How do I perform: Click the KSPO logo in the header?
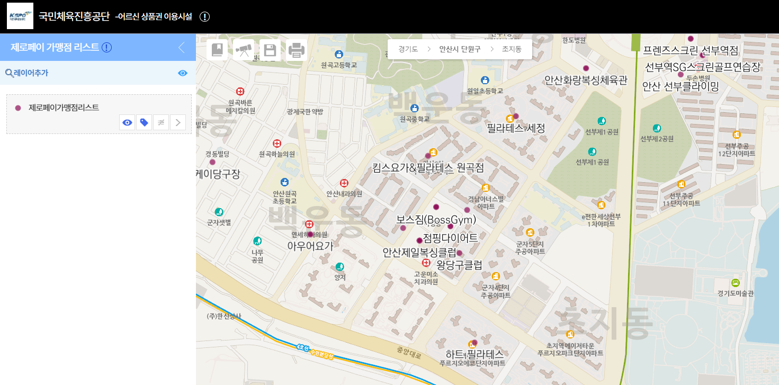point(20,16)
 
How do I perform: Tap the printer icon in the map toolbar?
point(297,50)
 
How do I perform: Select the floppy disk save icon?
point(270,50)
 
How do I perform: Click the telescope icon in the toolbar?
point(244,50)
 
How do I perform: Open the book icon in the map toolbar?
point(217,50)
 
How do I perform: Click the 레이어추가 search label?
point(27,73)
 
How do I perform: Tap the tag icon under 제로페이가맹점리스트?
point(144,123)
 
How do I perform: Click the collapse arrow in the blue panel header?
point(182,48)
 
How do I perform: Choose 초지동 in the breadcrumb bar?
point(512,49)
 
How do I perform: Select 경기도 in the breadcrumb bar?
point(408,49)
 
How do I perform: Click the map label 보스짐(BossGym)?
point(436,219)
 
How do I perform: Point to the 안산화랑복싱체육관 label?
point(586,80)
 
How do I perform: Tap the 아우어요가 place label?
point(310,246)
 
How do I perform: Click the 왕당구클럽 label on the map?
point(459,265)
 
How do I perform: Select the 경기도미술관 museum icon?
point(735,283)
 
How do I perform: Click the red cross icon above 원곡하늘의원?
point(276,144)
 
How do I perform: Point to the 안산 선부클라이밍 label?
point(680,86)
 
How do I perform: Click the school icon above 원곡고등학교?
point(339,54)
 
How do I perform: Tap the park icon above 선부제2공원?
point(657,128)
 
